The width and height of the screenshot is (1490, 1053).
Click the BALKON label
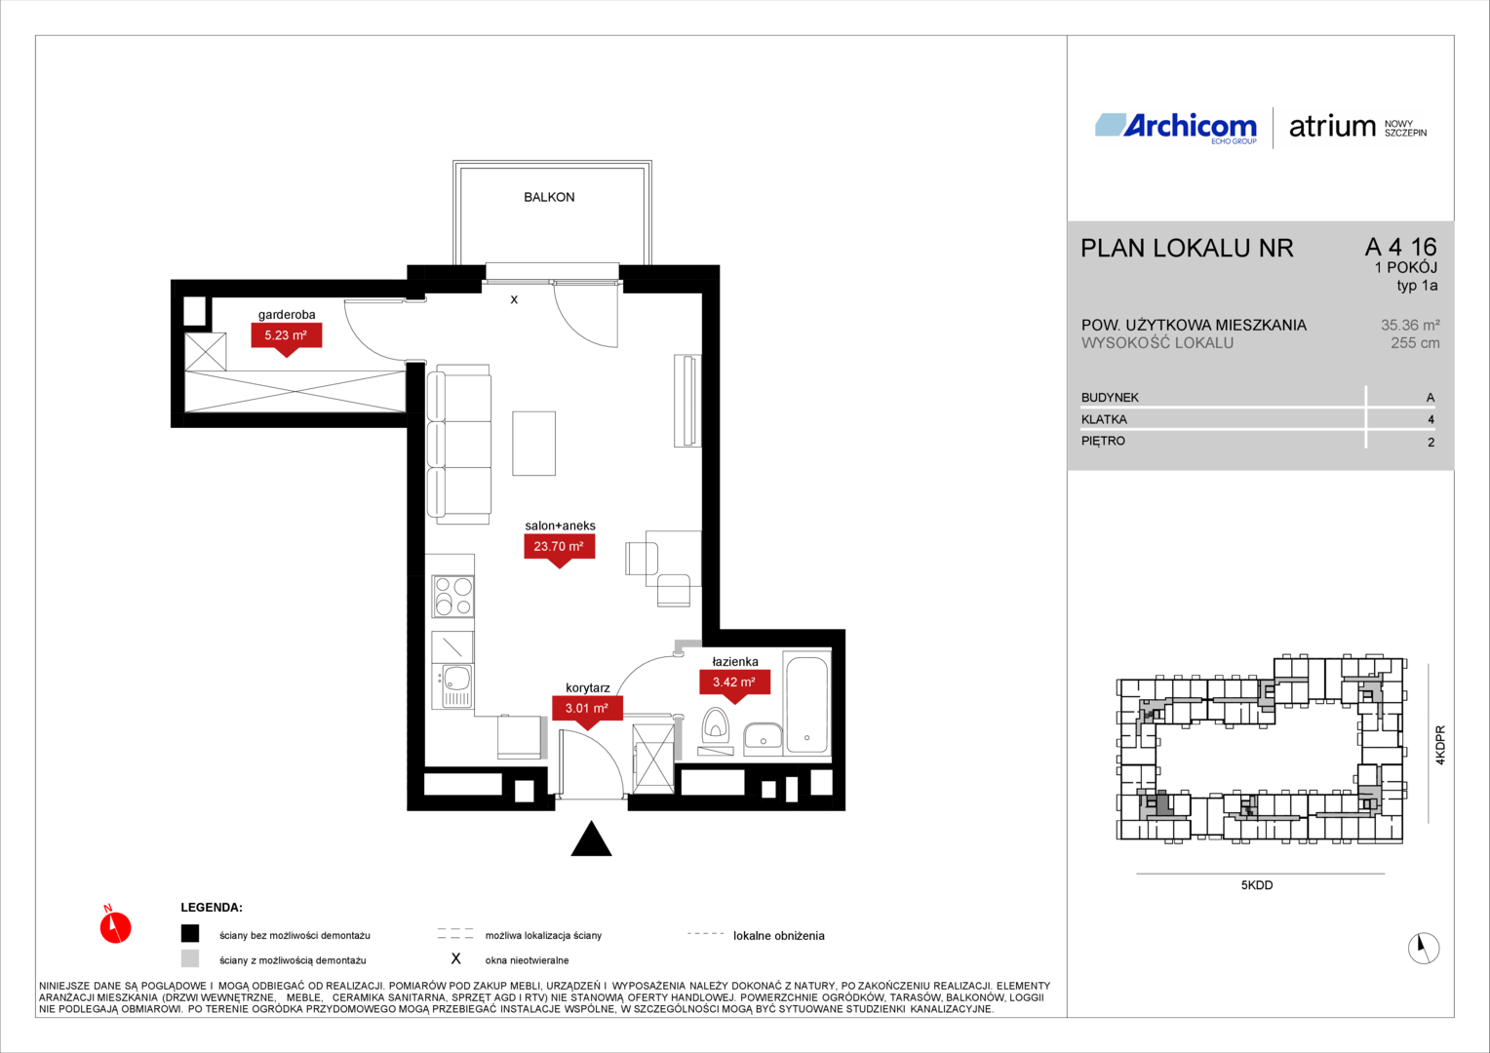pyautogui.click(x=549, y=197)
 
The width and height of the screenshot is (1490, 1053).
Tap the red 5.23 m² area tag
pyautogui.click(x=286, y=338)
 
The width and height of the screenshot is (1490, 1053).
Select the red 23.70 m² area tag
pyautogui.click(x=559, y=549)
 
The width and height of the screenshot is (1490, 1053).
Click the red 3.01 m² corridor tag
pyautogui.click(x=587, y=711)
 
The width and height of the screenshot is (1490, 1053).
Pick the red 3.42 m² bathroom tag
pyautogui.click(x=734, y=684)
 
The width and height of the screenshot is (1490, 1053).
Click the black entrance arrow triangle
pyautogui.click(x=591, y=838)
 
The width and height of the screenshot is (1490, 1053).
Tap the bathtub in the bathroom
pyautogui.click(x=806, y=704)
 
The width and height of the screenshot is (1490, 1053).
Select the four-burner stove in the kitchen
pyautogui.click(x=453, y=596)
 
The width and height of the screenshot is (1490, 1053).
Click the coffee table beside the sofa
pyautogui.click(x=533, y=443)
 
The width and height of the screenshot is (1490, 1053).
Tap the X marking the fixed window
pyautogui.click(x=514, y=300)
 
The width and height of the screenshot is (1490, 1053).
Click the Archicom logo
pyautogui.click(x=1176, y=128)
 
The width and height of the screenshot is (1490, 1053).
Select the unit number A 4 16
pyautogui.click(x=1401, y=247)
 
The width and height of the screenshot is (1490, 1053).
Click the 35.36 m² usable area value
pyautogui.click(x=1410, y=326)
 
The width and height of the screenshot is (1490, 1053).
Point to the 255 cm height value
pyautogui.click(x=1415, y=343)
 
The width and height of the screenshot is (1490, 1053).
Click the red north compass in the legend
pyautogui.click(x=115, y=926)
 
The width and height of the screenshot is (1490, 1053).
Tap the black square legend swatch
pyautogui.click(x=190, y=934)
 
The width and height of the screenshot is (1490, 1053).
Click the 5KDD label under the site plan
pyautogui.click(x=1257, y=885)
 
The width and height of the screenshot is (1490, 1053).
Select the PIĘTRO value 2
pyautogui.click(x=1431, y=443)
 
